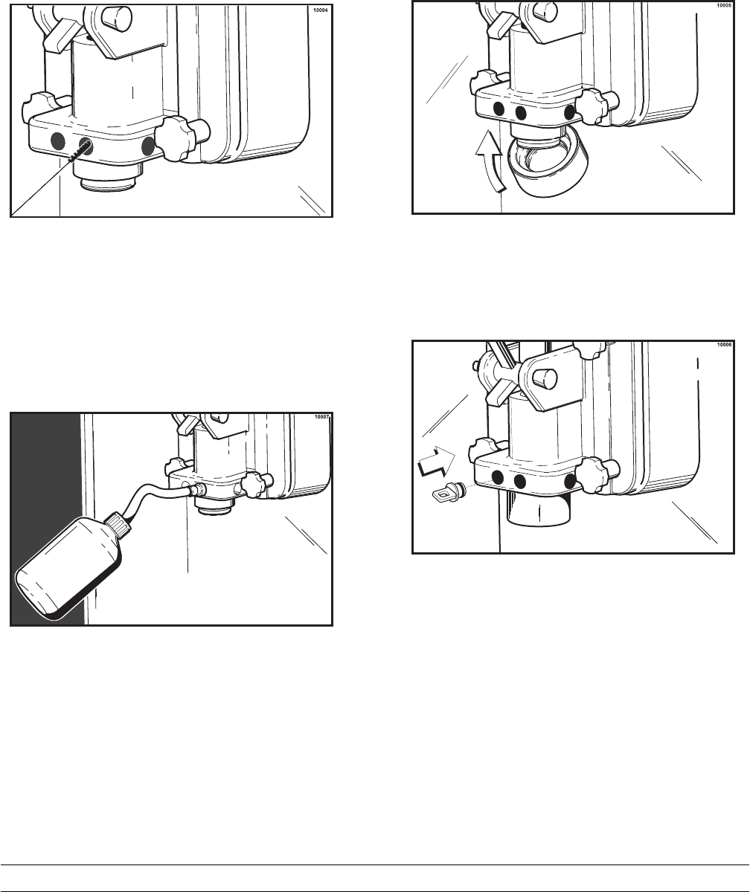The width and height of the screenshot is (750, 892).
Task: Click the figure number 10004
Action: [x=320, y=10]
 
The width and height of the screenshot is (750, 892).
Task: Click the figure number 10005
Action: [x=723, y=5]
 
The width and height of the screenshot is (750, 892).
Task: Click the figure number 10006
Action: [x=725, y=344]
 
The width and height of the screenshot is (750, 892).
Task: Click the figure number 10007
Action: [x=321, y=417]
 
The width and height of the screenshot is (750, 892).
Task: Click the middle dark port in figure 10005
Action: [x=520, y=113]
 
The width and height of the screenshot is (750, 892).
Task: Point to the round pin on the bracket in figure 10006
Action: [x=546, y=377]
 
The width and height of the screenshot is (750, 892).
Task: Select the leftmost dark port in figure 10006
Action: [x=497, y=477]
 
